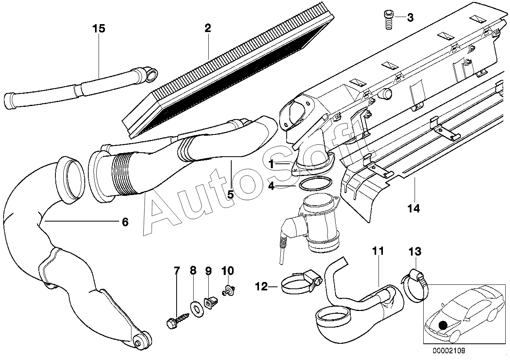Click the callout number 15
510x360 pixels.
click(x=99, y=28)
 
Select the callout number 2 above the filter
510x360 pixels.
click(x=207, y=28)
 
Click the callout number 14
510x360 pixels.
click(x=414, y=208)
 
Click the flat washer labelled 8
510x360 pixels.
click(x=197, y=309)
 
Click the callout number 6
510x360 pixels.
click(x=125, y=222)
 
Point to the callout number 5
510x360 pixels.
click(x=230, y=195)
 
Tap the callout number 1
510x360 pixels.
click(x=271, y=164)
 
